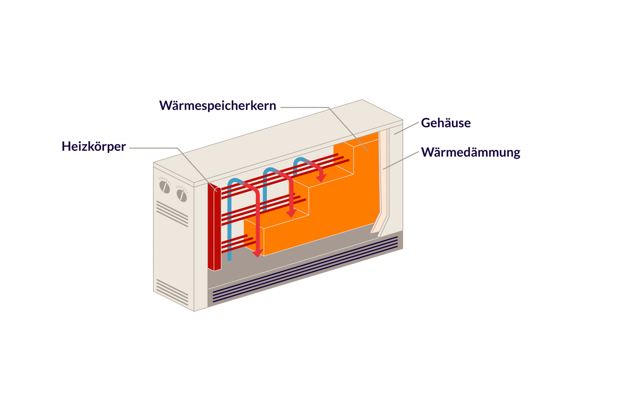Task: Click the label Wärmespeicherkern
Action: point(217,106)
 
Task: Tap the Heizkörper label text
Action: point(94,146)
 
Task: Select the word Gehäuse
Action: point(446,123)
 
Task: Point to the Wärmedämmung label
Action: point(471,153)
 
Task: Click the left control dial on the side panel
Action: point(165,187)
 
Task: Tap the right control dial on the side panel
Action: point(182,195)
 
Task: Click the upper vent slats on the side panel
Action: point(172,214)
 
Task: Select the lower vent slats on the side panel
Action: point(172,292)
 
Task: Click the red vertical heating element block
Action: point(214,229)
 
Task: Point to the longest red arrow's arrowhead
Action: point(258,253)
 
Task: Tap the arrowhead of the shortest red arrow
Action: point(321,178)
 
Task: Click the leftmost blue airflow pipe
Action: point(229,222)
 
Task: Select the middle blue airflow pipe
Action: point(265,193)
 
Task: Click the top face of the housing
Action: point(278,140)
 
